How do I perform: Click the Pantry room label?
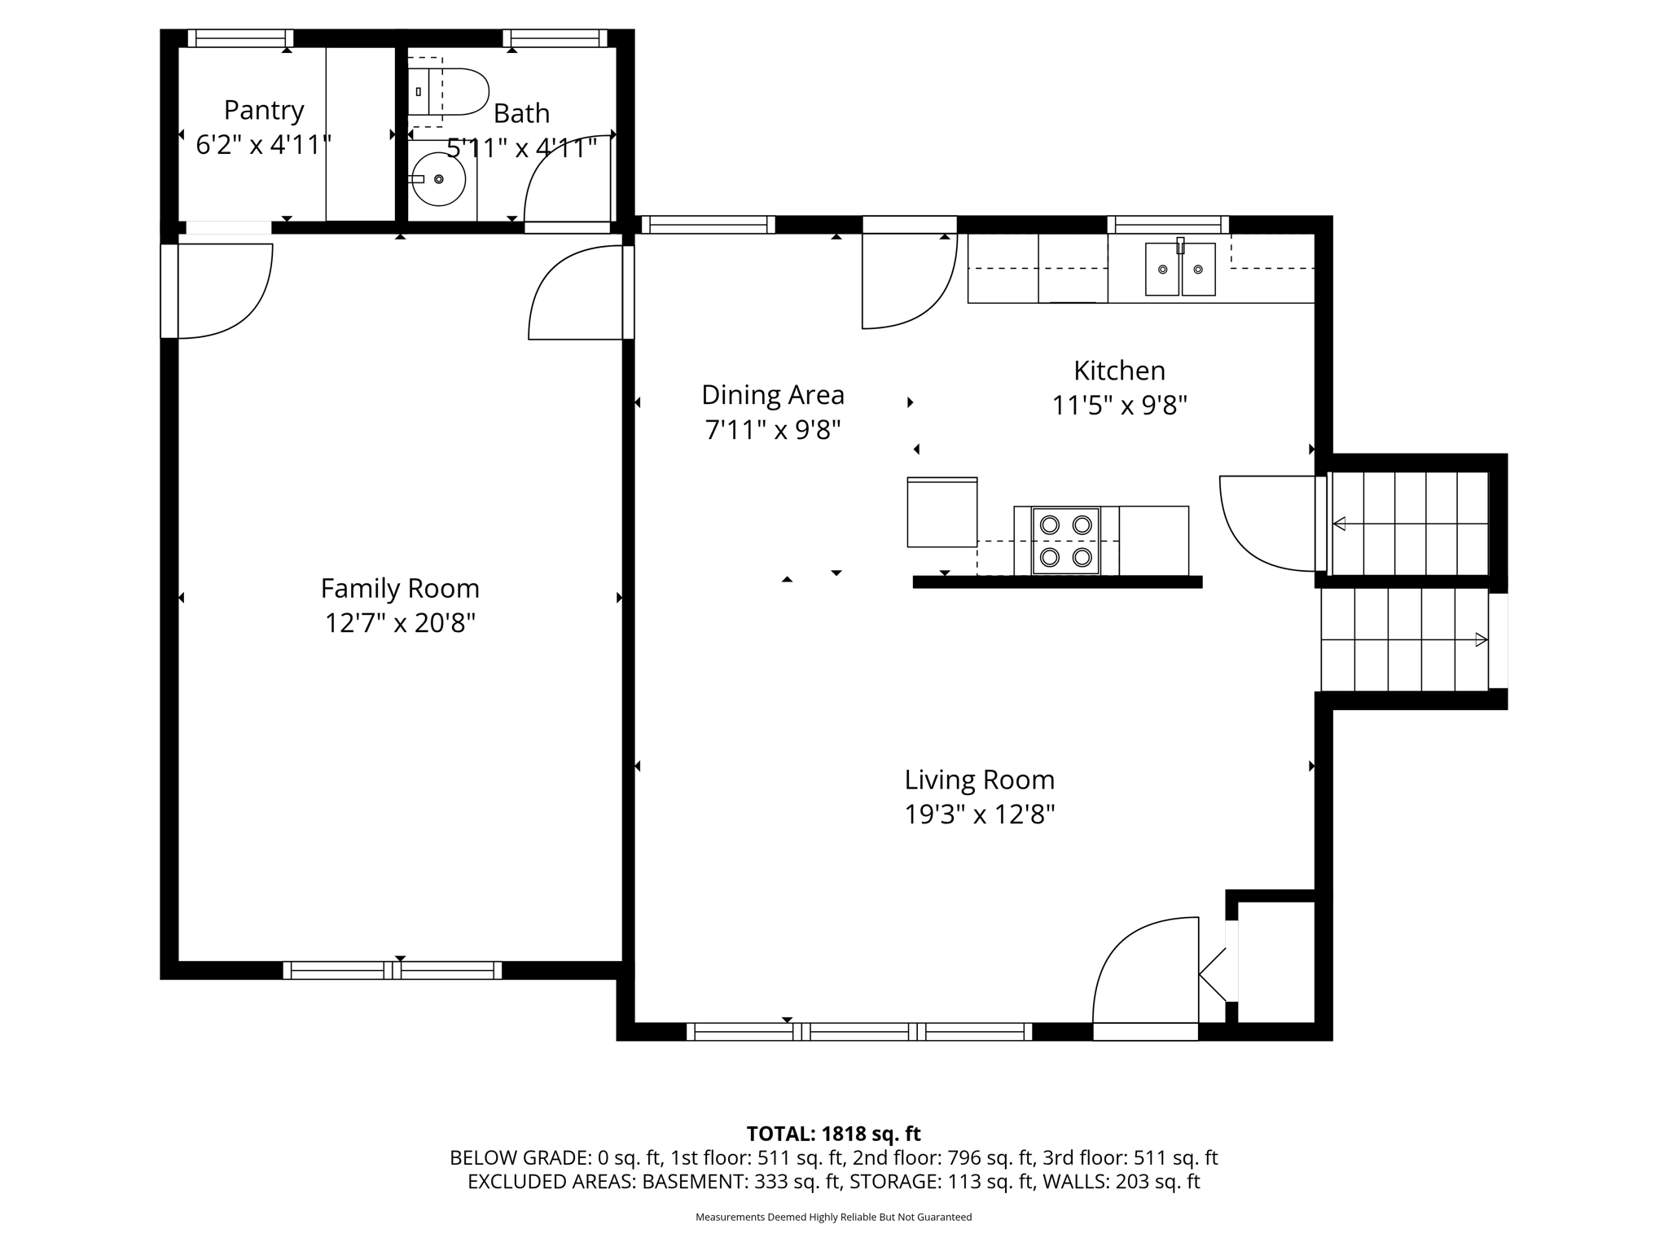(264, 109)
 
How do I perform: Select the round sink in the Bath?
(438, 179)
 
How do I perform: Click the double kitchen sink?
(1180, 269)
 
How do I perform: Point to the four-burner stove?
(1065, 541)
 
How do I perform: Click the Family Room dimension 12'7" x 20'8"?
(400, 623)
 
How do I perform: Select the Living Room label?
(979, 779)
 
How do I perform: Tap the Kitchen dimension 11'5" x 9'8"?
(1119, 405)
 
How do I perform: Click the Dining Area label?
(772, 395)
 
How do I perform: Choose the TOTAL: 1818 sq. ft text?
(833, 1134)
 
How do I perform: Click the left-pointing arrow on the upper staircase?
(1339, 524)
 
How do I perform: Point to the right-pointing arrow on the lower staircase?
(1481, 640)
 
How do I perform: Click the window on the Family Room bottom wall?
(393, 970)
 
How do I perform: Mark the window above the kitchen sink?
(1167, 225)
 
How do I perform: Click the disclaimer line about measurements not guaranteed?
(833, 1218)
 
